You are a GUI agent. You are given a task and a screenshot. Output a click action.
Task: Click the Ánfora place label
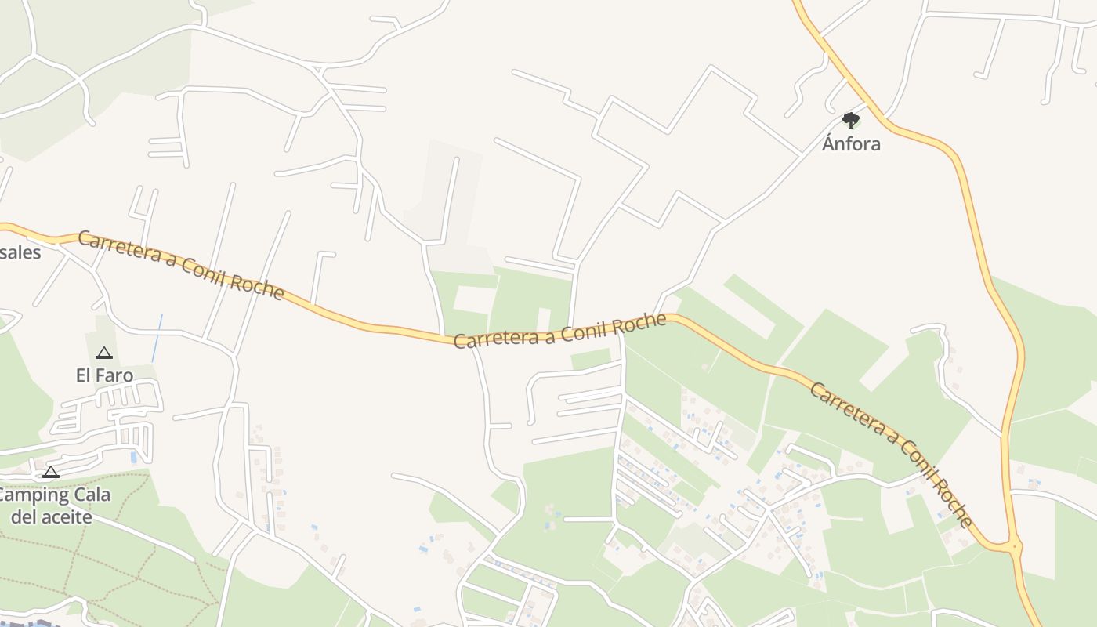pyautogui.click(x=851, y=144)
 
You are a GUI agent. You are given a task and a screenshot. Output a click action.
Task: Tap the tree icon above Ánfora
pyautogui.click(x=851, y=120)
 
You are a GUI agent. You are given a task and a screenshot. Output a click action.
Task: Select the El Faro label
pyautogui.click(x=104, y=375)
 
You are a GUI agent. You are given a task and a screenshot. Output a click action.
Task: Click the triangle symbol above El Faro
pyautogui.click(x=104, y=353)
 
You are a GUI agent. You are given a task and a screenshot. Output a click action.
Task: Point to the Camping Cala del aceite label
pyautogui.click(x=53, y=506)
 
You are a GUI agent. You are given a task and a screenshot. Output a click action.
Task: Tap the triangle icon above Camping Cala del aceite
pyautogui.click(x=51, y=472)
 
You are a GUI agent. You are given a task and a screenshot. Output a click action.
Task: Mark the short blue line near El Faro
pyautogui.click(x=157, y=338)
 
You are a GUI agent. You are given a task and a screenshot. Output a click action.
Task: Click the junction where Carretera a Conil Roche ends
pyautogui.click(x=1015, y=545)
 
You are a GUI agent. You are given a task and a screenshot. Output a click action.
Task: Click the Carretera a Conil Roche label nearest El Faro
pyautogui.click(x=180, y=265)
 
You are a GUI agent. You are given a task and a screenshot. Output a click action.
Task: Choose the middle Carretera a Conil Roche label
pyautogui.click(x=560, y=331)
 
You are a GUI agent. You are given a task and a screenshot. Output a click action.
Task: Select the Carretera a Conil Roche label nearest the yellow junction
pyautogui.click(x=891, y=455)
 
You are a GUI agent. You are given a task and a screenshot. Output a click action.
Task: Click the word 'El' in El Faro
pyautogui.click(x=84, y=375)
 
